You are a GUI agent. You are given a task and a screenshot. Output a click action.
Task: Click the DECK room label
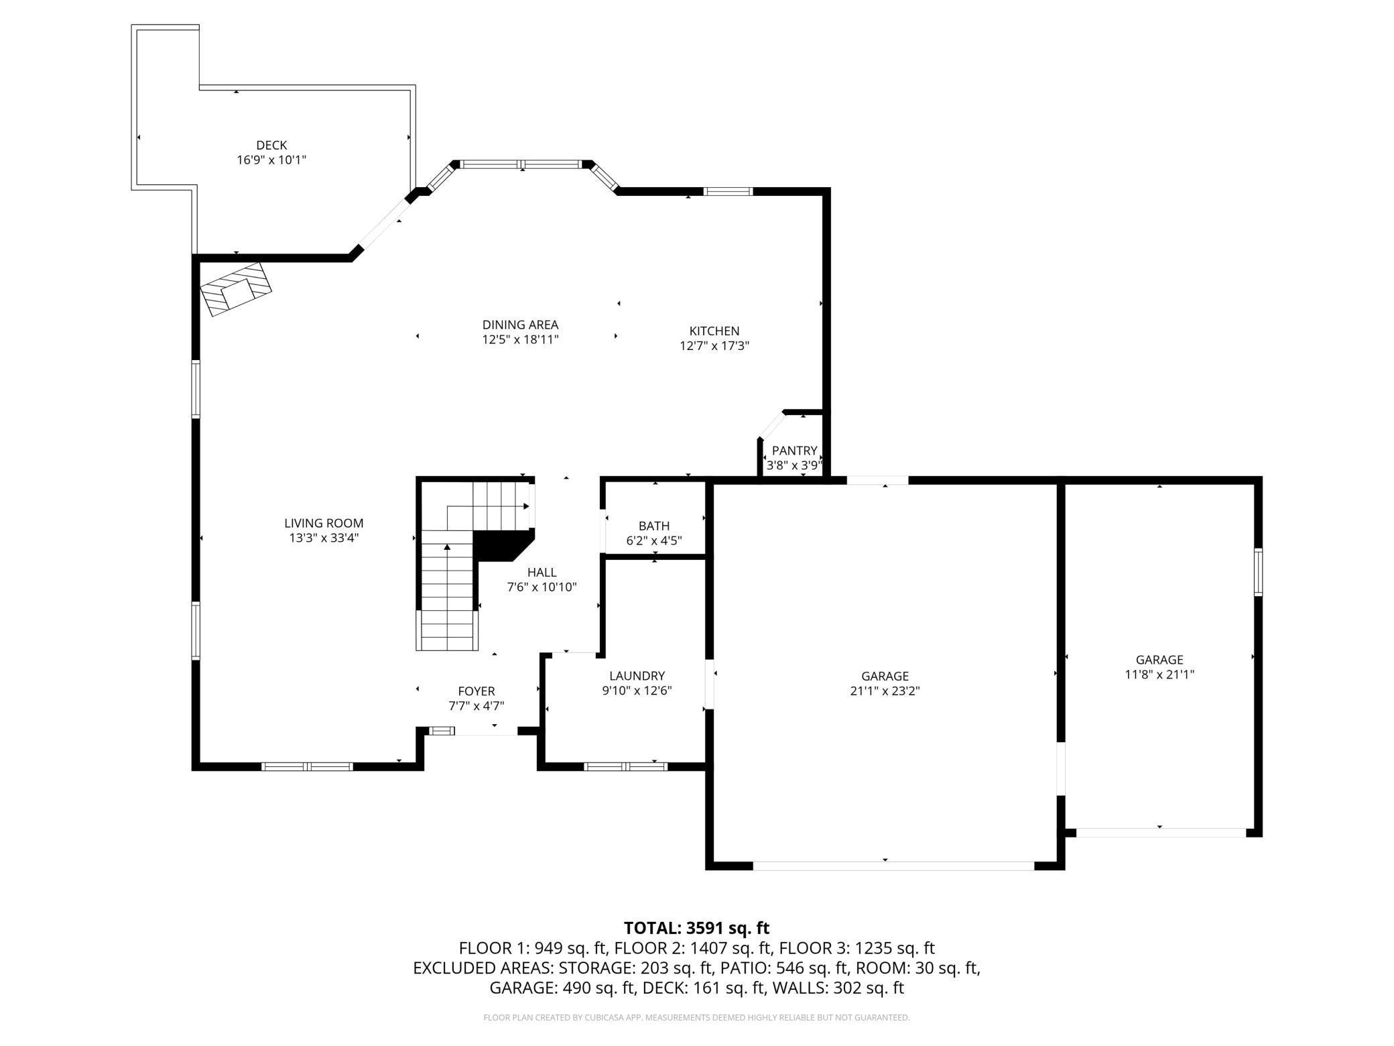click(x=271, y=145)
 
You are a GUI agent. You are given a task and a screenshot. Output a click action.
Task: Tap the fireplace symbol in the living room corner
click(x=236, y=289)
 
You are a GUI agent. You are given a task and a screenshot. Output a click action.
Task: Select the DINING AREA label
click(x=520, y=325)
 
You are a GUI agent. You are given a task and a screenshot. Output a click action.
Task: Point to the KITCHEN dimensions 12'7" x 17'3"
click(x=714, y=346)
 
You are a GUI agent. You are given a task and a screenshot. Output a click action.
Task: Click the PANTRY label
click(x=794, y=451)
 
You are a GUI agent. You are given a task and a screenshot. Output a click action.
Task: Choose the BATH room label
click(x=653, y=526)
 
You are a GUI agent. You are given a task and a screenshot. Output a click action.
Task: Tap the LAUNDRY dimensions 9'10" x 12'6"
click(x=637, y=691)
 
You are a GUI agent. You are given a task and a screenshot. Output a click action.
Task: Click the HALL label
click(x=542, y=573)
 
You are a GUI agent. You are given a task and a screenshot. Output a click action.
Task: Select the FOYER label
click(x=477, y=691)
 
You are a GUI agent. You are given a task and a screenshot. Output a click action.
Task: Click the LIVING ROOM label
click(x=324, y=523)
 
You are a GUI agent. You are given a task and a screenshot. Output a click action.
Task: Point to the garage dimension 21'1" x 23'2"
click(x=885, y=691)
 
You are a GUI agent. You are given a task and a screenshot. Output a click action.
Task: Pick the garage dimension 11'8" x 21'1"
click(x=1159, y=675)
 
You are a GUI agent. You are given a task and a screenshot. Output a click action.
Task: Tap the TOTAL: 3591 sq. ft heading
click(x=696, y=928)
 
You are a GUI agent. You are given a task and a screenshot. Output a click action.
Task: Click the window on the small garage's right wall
click(x=1258, y=572)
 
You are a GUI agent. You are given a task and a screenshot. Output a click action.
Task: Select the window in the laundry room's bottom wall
click(x=625, y=766)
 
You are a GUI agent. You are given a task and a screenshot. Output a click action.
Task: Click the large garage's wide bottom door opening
click(x=893, y=866)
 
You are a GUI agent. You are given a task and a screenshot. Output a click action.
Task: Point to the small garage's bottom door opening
click(x=1160, y=833)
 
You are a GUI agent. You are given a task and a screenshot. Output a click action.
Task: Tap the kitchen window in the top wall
click(x=728, y=192)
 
